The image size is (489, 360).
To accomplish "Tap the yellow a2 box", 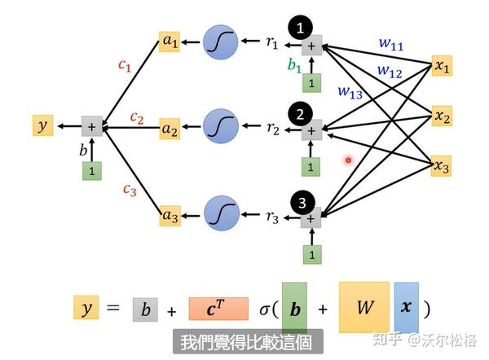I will [170, 129].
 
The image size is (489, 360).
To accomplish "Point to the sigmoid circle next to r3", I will [219, 214].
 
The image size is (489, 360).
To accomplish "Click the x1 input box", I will [442, 68].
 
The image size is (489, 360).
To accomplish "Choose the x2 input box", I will [442, 118].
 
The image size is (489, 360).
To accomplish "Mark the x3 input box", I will [442, 166].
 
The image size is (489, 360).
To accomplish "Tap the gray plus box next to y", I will [91, 126].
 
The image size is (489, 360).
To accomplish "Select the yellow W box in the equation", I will [363, 308].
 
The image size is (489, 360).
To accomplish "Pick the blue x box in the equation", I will [406, 308].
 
